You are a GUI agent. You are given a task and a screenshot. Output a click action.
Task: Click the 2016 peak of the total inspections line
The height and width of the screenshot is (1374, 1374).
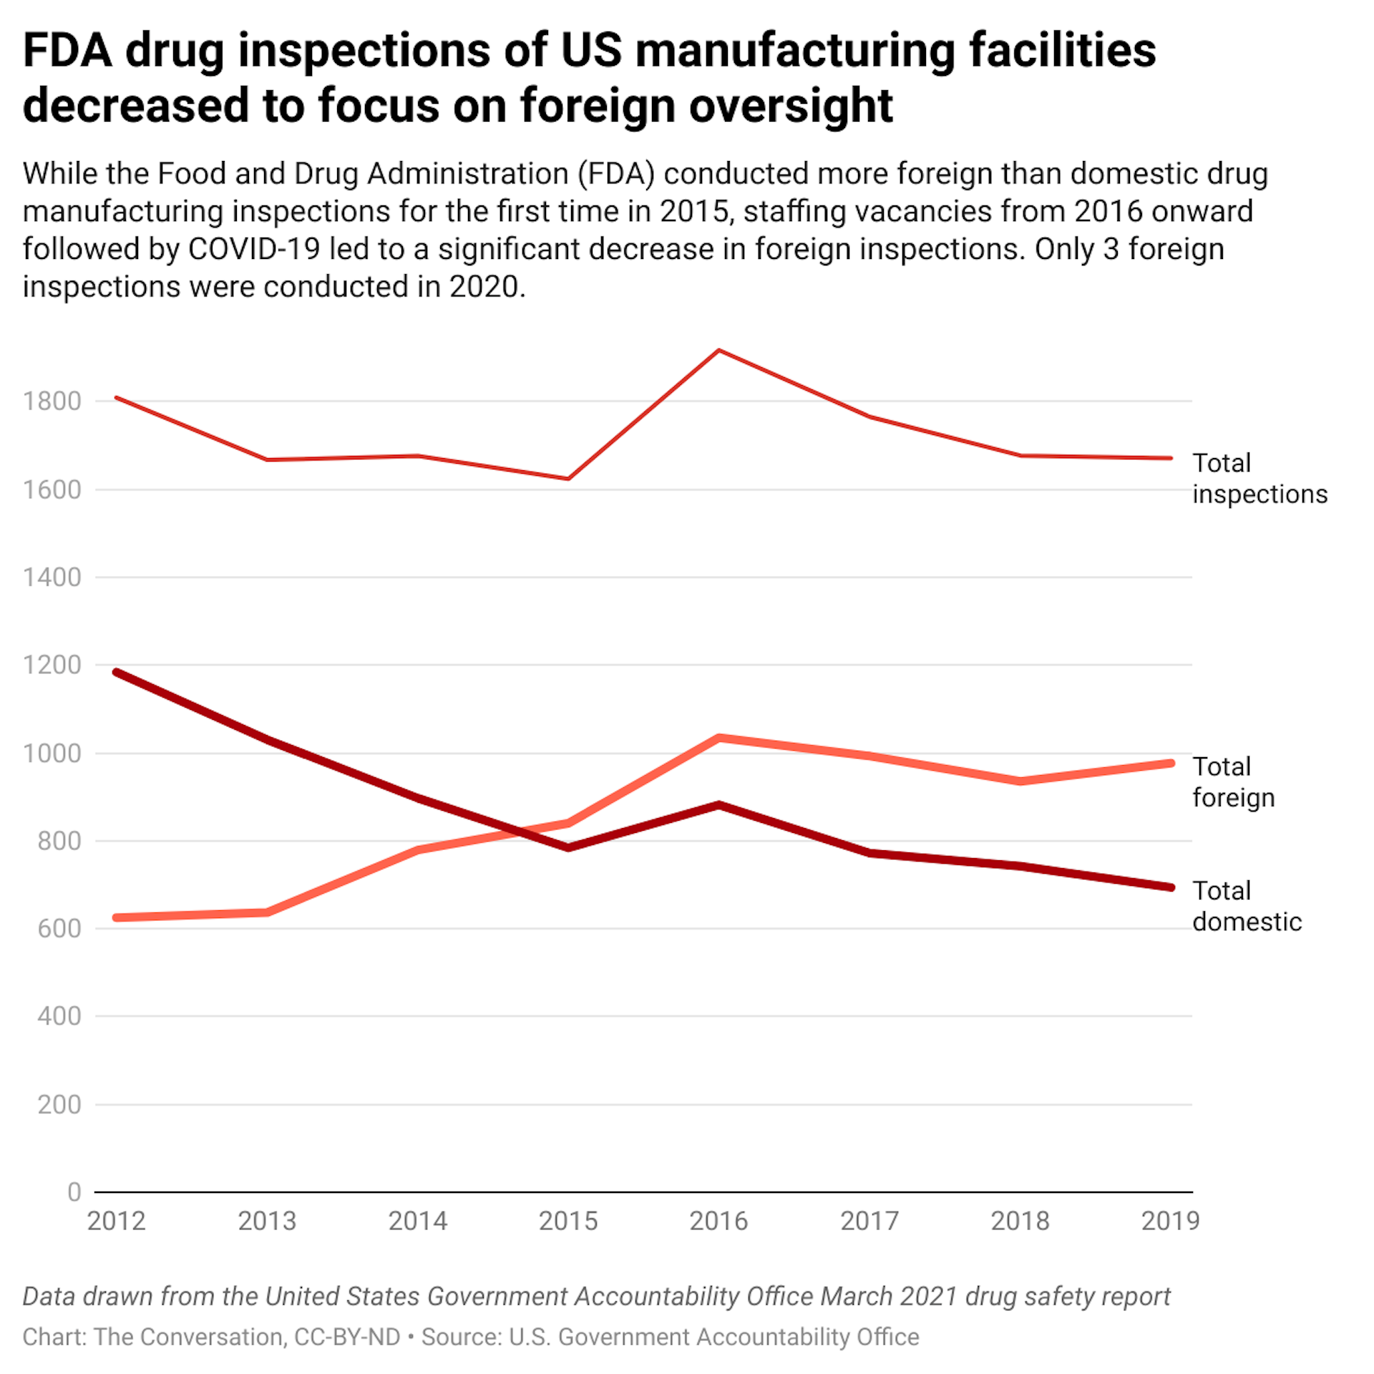pos(718,351)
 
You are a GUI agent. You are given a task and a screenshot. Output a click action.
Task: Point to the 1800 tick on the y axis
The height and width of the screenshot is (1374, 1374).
pos(52,401)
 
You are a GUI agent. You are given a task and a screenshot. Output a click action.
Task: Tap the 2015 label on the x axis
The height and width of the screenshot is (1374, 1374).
pos(567,1221)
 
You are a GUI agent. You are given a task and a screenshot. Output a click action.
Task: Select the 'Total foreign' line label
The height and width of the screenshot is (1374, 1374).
pos(1233,781)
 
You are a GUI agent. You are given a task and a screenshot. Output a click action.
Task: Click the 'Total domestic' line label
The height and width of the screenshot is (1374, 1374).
pos(1246,906)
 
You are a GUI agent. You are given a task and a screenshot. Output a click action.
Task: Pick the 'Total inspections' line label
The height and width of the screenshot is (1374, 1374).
pos(1259,478)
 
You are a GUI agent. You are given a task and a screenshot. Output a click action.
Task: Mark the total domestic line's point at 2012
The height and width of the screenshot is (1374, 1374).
pos(117,672)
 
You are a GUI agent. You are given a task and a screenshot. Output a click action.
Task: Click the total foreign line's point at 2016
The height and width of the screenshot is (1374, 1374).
pos(718,738)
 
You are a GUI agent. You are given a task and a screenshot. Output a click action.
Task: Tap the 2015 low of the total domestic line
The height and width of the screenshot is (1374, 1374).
pos(567,848)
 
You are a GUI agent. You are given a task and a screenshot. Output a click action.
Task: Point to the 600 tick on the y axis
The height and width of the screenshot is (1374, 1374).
pos(59,928)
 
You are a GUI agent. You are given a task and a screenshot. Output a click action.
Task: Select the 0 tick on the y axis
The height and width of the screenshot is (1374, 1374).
pos(74,1192)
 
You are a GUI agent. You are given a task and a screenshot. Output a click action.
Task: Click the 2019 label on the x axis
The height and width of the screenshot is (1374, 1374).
pos(1170,1221)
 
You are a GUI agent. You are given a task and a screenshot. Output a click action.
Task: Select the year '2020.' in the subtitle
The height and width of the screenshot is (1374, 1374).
pos(487,287)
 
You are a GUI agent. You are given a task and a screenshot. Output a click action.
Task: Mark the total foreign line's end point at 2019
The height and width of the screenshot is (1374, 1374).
pos(1171,764)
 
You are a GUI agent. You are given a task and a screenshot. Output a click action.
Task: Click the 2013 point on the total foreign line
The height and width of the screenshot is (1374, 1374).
pos(267,912)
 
